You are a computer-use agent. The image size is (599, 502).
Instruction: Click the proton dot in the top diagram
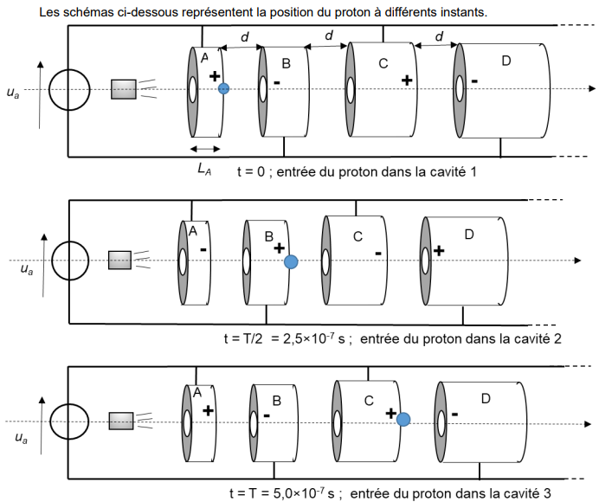(223, 88)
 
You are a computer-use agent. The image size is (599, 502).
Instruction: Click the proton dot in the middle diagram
(291, 261)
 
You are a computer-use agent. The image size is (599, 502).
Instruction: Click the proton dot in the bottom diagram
(403, 420)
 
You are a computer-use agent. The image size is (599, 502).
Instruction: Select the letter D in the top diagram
(506, 60)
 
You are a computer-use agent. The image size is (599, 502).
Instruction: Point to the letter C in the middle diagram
(357, 236)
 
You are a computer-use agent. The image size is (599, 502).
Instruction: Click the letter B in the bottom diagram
(277, 401)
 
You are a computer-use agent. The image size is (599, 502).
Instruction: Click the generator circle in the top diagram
(68, 89)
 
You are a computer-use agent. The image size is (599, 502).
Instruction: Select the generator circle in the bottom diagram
(71, 422)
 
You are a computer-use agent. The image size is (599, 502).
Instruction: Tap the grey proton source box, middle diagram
(119, 259)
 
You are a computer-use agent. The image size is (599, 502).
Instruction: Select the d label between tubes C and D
(440, 38)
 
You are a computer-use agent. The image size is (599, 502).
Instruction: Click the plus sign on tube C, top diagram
(405, 80)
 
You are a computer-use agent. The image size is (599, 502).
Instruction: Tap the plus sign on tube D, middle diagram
(439, 250)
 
